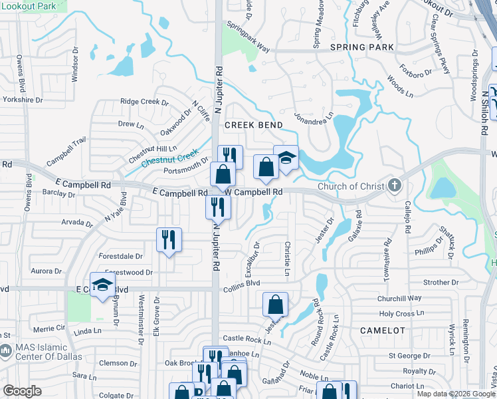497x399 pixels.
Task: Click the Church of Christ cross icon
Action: (395, 186)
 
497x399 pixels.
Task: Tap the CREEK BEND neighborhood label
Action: (253, 125)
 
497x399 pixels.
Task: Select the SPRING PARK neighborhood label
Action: (362, 47)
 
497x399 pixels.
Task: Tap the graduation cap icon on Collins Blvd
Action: (103, 285)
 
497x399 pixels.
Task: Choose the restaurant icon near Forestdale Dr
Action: (169, 239)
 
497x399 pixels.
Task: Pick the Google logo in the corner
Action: (23, 390)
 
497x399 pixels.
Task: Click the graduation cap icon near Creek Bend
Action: (286, 158)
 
